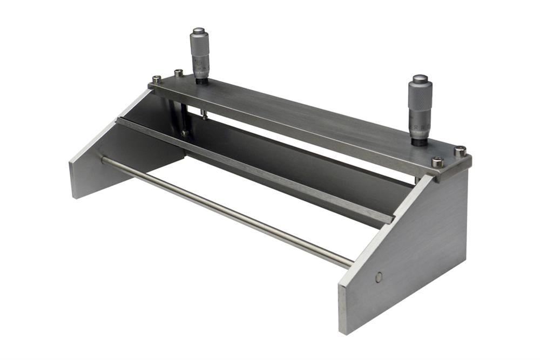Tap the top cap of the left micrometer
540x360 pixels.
tap(199, 31)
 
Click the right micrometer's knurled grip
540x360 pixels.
tap(420, 97)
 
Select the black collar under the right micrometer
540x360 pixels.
tap(420, 142)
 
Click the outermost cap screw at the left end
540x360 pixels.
tap(157, 79)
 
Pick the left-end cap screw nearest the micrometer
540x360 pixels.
tap(179, 72)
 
